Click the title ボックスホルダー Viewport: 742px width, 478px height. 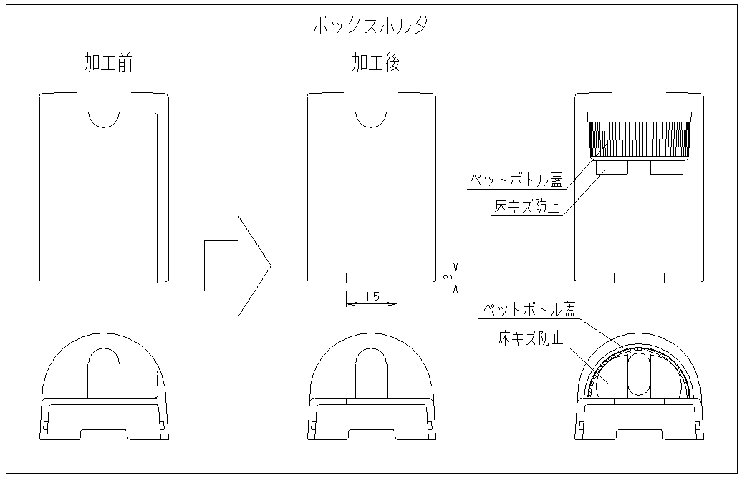(x=377, y=27)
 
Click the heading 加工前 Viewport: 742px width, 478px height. (x=108, y=64)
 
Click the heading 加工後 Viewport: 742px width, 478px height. (x=375, y=64)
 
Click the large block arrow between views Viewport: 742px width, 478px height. (x=236, y=265)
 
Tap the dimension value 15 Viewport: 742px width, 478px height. (x=372, y=296)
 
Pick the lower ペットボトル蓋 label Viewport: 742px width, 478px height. (x=528, y=310)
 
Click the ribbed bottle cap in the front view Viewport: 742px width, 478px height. (x=640, y=139)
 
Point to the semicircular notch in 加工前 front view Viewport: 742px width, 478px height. (x=105, y=119)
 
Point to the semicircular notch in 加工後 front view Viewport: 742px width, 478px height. (x=372, y=119)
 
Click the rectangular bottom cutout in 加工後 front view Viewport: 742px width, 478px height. (x=372, y=278)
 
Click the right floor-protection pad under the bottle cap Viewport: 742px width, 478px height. (x=666, y=167)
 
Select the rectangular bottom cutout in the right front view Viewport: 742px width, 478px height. (x=640, y=278)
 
